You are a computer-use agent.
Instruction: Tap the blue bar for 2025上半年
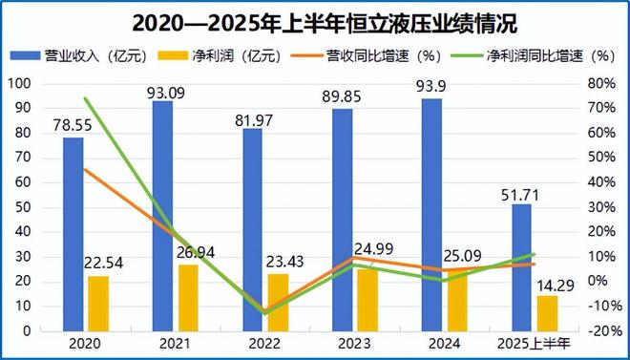521,267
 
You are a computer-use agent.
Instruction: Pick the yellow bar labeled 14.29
547,312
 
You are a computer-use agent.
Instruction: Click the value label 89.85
344,95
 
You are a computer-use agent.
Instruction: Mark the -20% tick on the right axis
601,330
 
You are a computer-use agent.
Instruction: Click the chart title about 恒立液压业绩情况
315,20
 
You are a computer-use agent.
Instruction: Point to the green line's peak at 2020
85,98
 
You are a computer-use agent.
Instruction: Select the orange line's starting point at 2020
85,170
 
